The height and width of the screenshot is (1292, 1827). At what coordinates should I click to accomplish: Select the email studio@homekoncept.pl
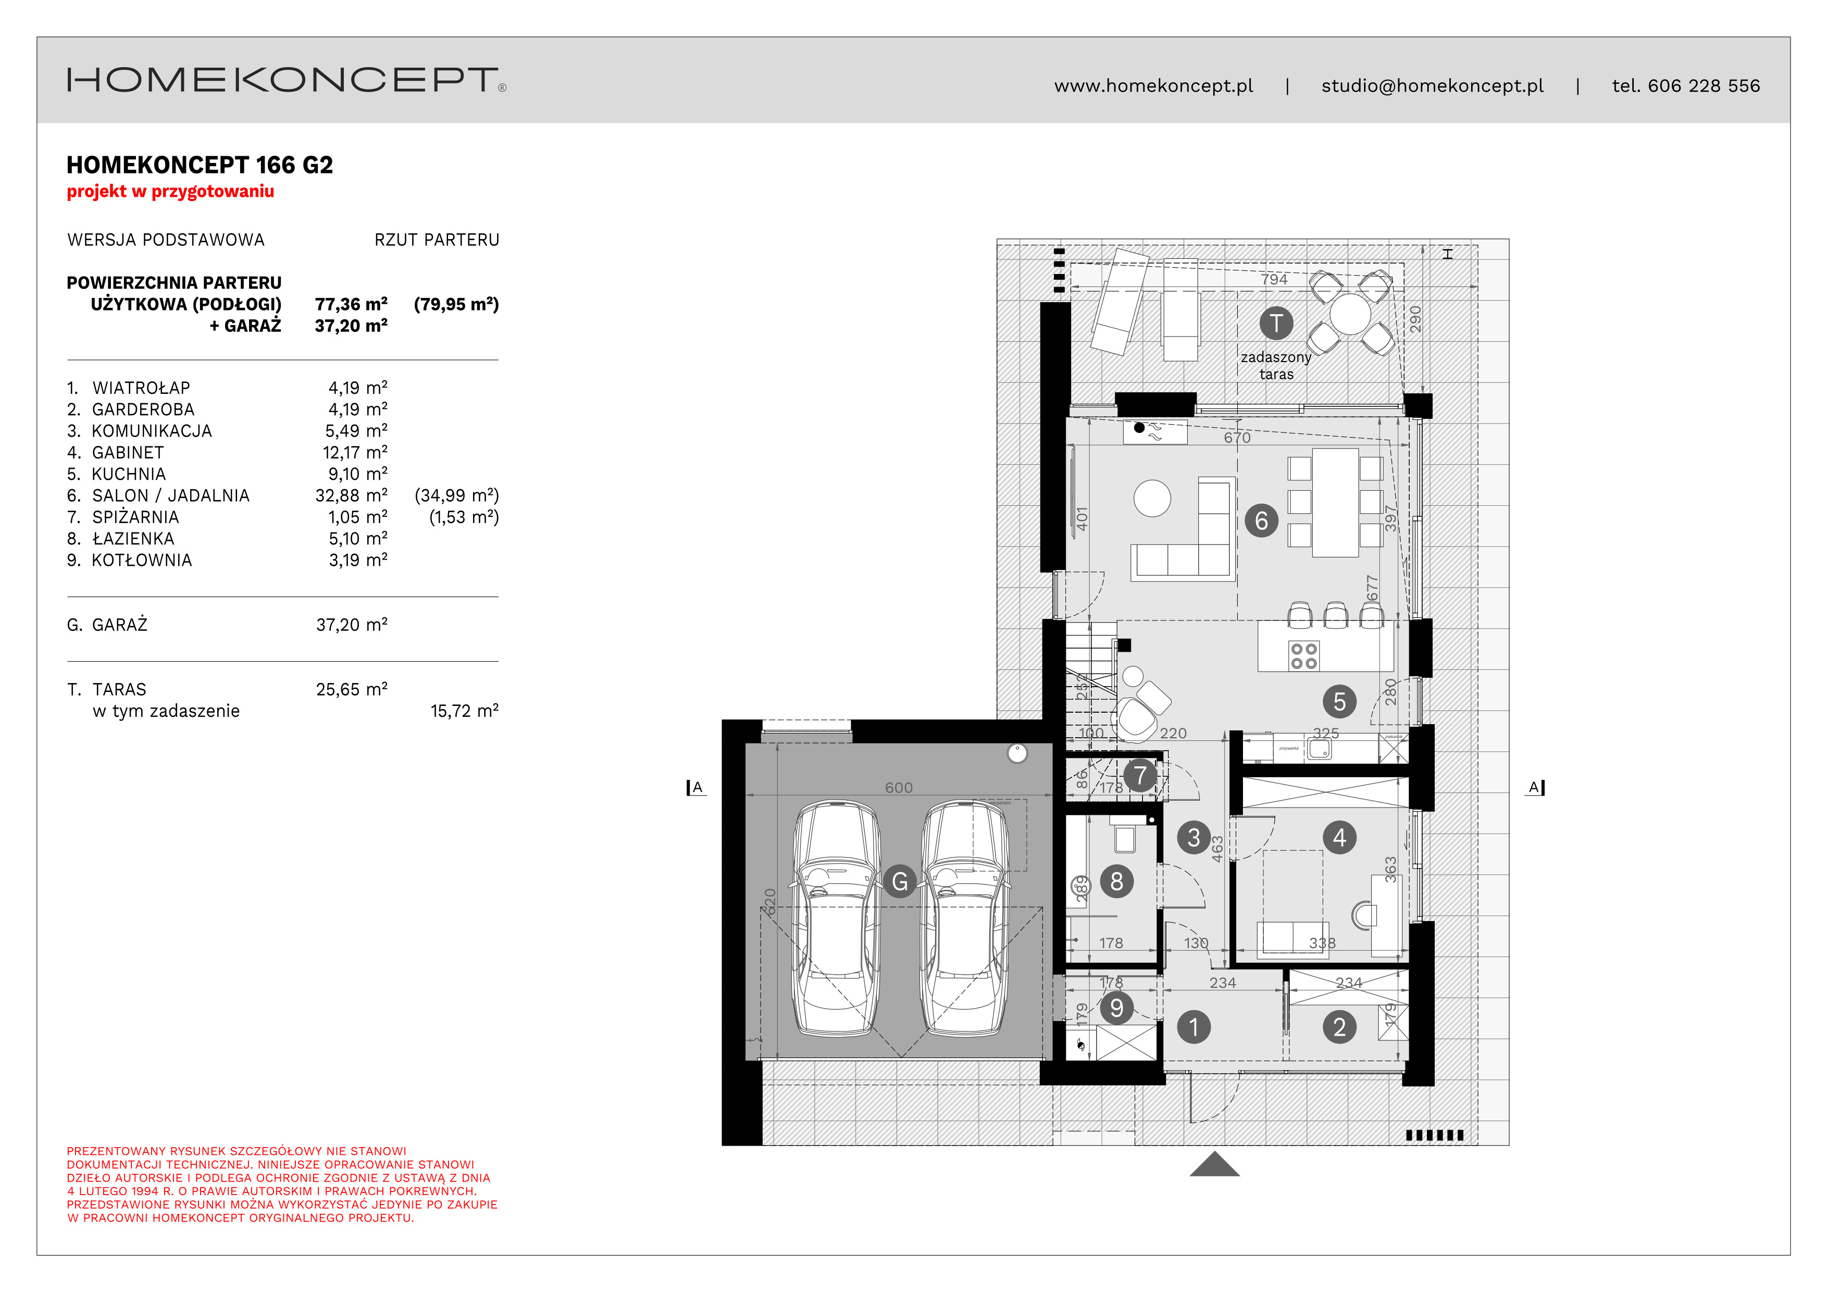coord(1432,86)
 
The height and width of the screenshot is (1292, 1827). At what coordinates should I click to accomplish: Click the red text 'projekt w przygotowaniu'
coord(170,192)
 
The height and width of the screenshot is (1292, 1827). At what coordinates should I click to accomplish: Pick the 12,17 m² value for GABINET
coord(354,453)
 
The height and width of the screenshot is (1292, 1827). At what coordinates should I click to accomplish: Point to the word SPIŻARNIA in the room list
coord(135,517)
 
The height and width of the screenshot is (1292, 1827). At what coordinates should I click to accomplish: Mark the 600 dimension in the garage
coord(898,788)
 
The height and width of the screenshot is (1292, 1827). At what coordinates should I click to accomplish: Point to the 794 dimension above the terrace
coord(1274,279)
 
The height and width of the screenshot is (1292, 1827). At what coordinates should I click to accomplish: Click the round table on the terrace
coord(1350,314)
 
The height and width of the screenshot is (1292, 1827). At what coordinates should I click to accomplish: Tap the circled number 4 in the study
coord(1339,838)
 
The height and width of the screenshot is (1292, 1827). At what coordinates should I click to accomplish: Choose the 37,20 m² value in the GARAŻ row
coord(351,625)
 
